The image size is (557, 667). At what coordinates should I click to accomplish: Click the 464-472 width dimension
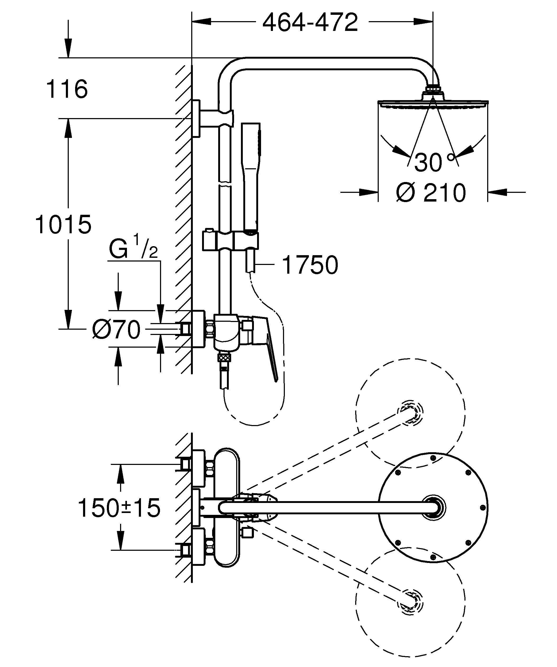point(310,22)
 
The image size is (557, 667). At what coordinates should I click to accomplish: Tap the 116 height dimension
point(67,89)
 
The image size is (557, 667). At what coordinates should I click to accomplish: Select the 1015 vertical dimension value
point(63,225)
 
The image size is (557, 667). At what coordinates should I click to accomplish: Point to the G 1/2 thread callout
point(133,250)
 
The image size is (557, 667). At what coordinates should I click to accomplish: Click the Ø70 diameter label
point(116,329)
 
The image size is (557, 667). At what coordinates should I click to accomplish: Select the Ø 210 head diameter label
point(431,193)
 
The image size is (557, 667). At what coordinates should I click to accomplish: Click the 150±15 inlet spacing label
point(119,507)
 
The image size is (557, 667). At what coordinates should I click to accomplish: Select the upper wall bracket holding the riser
point(207,118)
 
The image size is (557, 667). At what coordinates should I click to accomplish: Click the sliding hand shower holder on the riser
point(230,240)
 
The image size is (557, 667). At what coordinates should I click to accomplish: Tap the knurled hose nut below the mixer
point(224,358)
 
